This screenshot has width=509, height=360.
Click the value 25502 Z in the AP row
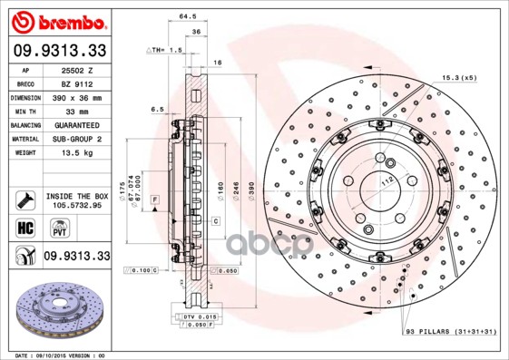pos(75,70)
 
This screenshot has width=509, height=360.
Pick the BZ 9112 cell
pos(75,83)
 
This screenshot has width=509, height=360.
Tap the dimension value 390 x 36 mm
pos(77,97)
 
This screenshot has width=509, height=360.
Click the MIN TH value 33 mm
pos(75,111)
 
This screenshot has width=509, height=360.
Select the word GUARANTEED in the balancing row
pos(76,124)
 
